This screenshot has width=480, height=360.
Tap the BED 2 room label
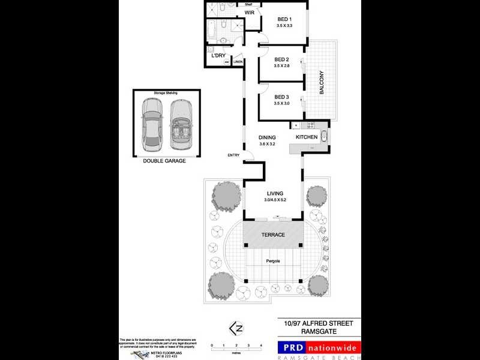click(x=281, y=59)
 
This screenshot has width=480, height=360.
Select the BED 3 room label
click(x=281, y=97)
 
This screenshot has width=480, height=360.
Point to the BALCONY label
click(x=322, y=83)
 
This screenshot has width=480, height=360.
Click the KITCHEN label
click(x=306, y=137)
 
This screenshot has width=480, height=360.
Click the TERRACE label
click(x=272, y=235)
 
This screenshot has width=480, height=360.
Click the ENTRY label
click(x=233, y=155)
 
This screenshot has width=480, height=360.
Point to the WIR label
click(x=249, y=12)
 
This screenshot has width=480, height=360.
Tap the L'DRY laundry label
click(x=218, y=56)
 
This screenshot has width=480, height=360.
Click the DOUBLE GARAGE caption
click(x=164, y=161)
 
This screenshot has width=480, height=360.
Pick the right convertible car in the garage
click(x=180, y=124)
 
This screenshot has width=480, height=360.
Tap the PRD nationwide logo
click(x=319, y=348)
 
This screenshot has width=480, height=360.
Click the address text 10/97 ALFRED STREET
click(x=319, y=323)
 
